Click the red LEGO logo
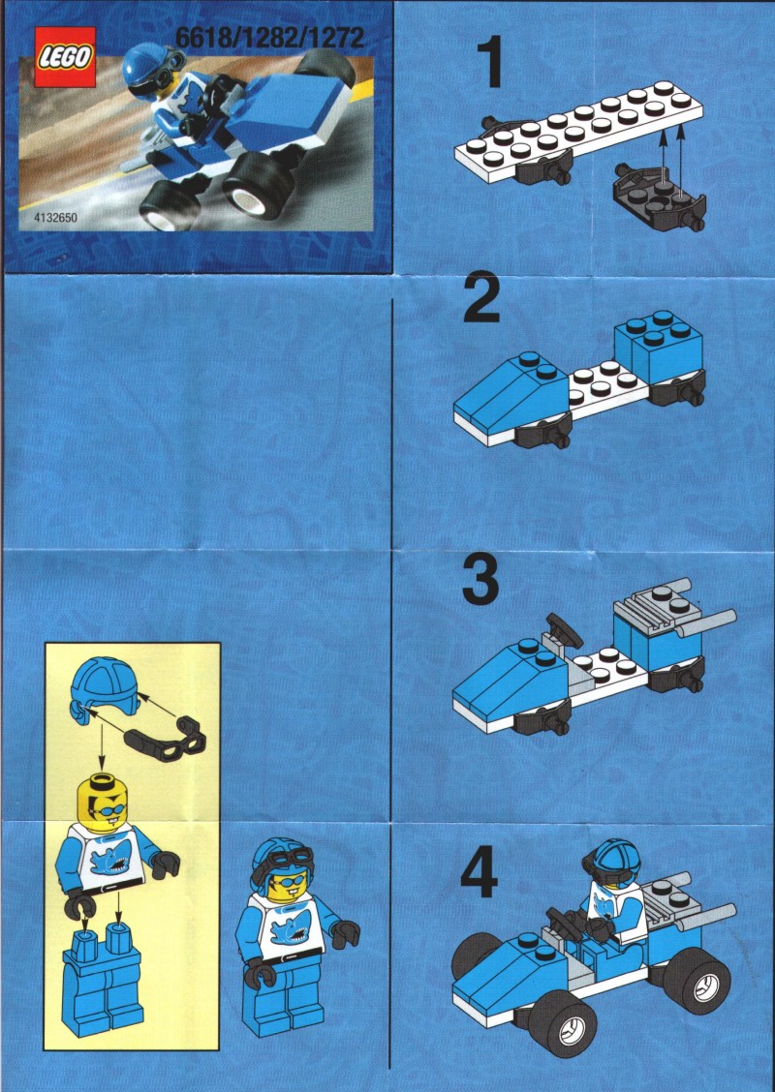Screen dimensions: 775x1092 point(66,58)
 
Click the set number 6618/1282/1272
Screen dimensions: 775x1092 point(269,37)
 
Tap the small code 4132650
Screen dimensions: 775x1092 point(56,218)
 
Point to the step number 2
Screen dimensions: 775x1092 point(481,299)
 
